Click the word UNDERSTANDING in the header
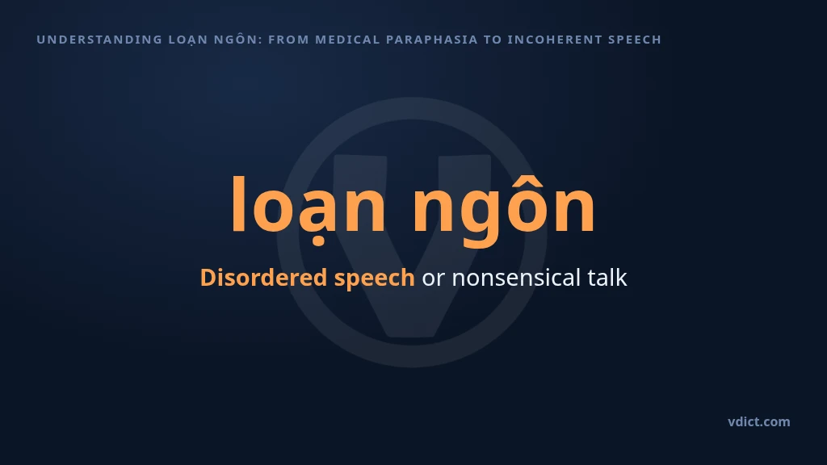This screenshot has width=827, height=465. [x=99, y=40]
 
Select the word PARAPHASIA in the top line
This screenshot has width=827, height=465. [x=431, y=40]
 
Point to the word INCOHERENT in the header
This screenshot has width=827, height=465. [x=554, y=40]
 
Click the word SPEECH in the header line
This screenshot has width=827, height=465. [x=635, y=40]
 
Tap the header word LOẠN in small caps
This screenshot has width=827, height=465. [x=187, y=40]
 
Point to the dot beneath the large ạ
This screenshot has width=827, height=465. [x=318, y=242]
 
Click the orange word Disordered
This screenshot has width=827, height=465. [x=263, y=278]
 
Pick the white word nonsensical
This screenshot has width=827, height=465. [x=516, y=278]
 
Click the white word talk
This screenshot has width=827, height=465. [x=607, y=278]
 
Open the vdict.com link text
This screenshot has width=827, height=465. [x=759, y=421]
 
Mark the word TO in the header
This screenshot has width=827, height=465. [x=493, y=40]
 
